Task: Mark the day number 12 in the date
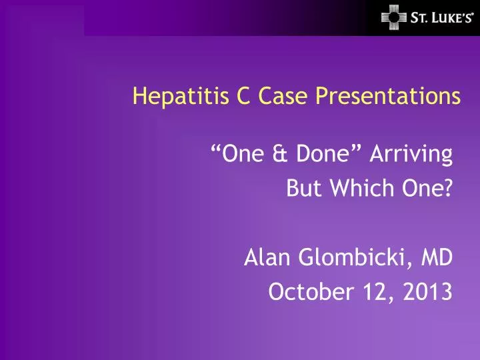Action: pyautogui.click(x=376, y=291)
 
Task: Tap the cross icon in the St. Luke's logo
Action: pyautogui.click(x=393, y=17)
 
